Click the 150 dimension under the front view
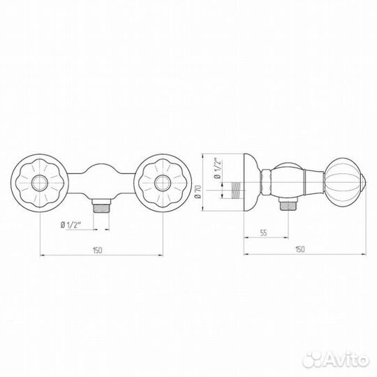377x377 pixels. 98,251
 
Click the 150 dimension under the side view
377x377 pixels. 300,249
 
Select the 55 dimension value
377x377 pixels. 263,232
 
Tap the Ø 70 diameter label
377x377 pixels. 198,192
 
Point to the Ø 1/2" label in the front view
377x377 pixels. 71,225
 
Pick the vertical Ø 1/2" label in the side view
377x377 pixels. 217,168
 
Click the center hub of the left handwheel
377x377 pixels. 40,183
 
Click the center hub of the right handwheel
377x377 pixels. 163,183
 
